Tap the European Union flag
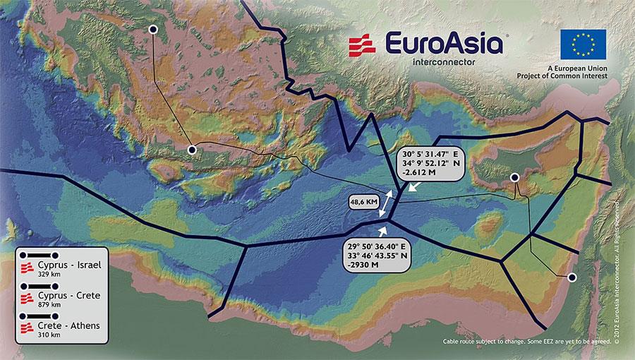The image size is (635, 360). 583,44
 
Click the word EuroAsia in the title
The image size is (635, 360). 442,44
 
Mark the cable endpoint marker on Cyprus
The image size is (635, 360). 515,177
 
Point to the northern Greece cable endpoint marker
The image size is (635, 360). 153,29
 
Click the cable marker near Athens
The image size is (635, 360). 191,150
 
